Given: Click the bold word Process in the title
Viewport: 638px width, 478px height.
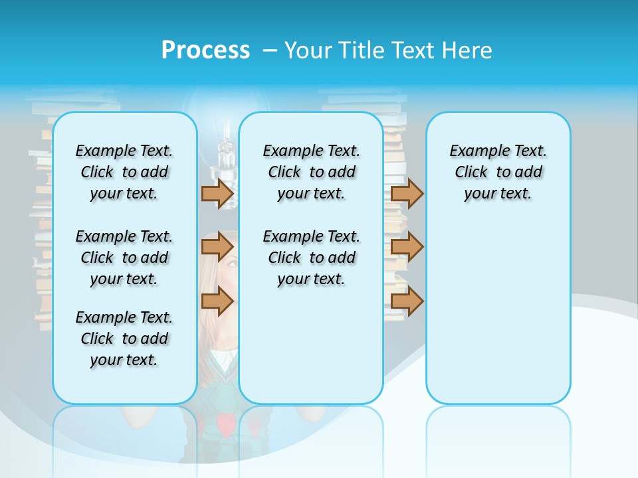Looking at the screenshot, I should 205,50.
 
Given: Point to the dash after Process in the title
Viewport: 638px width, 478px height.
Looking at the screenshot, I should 270,51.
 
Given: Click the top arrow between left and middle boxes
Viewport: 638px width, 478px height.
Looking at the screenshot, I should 217,193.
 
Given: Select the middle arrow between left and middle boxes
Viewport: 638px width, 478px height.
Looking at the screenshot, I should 217,247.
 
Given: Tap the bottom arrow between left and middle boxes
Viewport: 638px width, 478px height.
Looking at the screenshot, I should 217,301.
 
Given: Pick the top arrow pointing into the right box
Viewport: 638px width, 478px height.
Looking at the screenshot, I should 407,193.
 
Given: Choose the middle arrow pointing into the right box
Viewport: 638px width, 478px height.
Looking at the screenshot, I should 407,247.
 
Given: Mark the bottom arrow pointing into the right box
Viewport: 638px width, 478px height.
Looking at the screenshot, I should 407,301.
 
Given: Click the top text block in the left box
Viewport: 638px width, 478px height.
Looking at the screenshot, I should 124,172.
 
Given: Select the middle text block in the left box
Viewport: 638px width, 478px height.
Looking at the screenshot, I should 124,258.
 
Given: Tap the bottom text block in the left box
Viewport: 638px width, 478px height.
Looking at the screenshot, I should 124,339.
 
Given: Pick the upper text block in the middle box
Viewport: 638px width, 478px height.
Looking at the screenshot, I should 311,172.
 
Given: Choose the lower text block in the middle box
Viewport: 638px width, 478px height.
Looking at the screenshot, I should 311,258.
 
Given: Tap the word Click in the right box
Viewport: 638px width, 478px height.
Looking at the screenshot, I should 471,173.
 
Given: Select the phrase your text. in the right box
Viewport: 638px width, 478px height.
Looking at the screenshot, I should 498,194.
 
